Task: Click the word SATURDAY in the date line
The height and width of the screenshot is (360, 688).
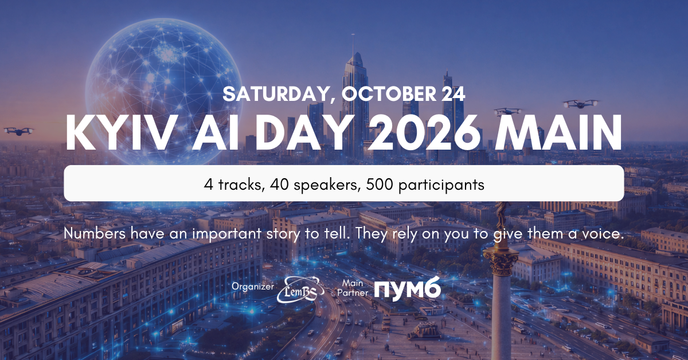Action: click(275, 94)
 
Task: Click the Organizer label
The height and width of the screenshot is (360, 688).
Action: click(253, 286)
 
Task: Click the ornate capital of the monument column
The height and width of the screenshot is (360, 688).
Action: click(501, 261)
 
